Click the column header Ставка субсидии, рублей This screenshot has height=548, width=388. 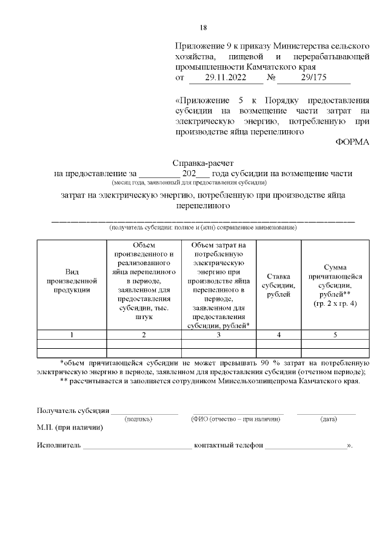pos(279,285)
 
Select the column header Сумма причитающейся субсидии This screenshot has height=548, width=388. pos(335,285)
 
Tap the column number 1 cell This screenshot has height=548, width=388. pos(72,334)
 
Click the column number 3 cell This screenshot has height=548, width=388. pos(219,334)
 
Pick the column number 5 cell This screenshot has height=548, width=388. pos(335,334)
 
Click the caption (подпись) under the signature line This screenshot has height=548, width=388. pos(138,418)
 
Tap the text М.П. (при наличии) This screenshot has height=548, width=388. pos(70,428)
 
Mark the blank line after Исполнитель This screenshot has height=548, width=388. pos(137,447)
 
